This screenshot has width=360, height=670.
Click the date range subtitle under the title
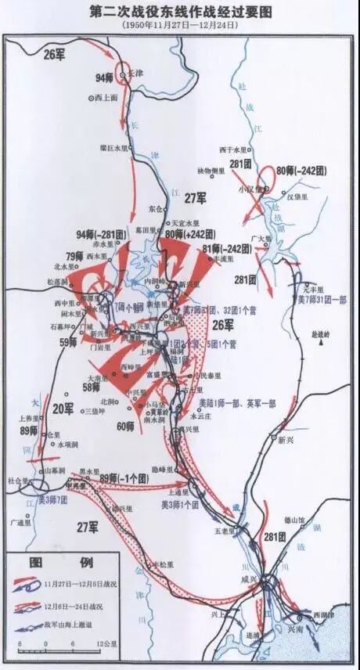(179, 26)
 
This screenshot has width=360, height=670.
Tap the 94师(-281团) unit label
(101, 234)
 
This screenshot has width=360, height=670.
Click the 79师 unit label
(74, 256)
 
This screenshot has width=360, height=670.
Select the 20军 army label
(63, 408)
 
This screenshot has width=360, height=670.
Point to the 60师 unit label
(124, 427)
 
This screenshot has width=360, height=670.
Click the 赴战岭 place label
(322, 333)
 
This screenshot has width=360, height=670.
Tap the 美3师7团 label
(54, 499)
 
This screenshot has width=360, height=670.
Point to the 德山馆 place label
(295, 520)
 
